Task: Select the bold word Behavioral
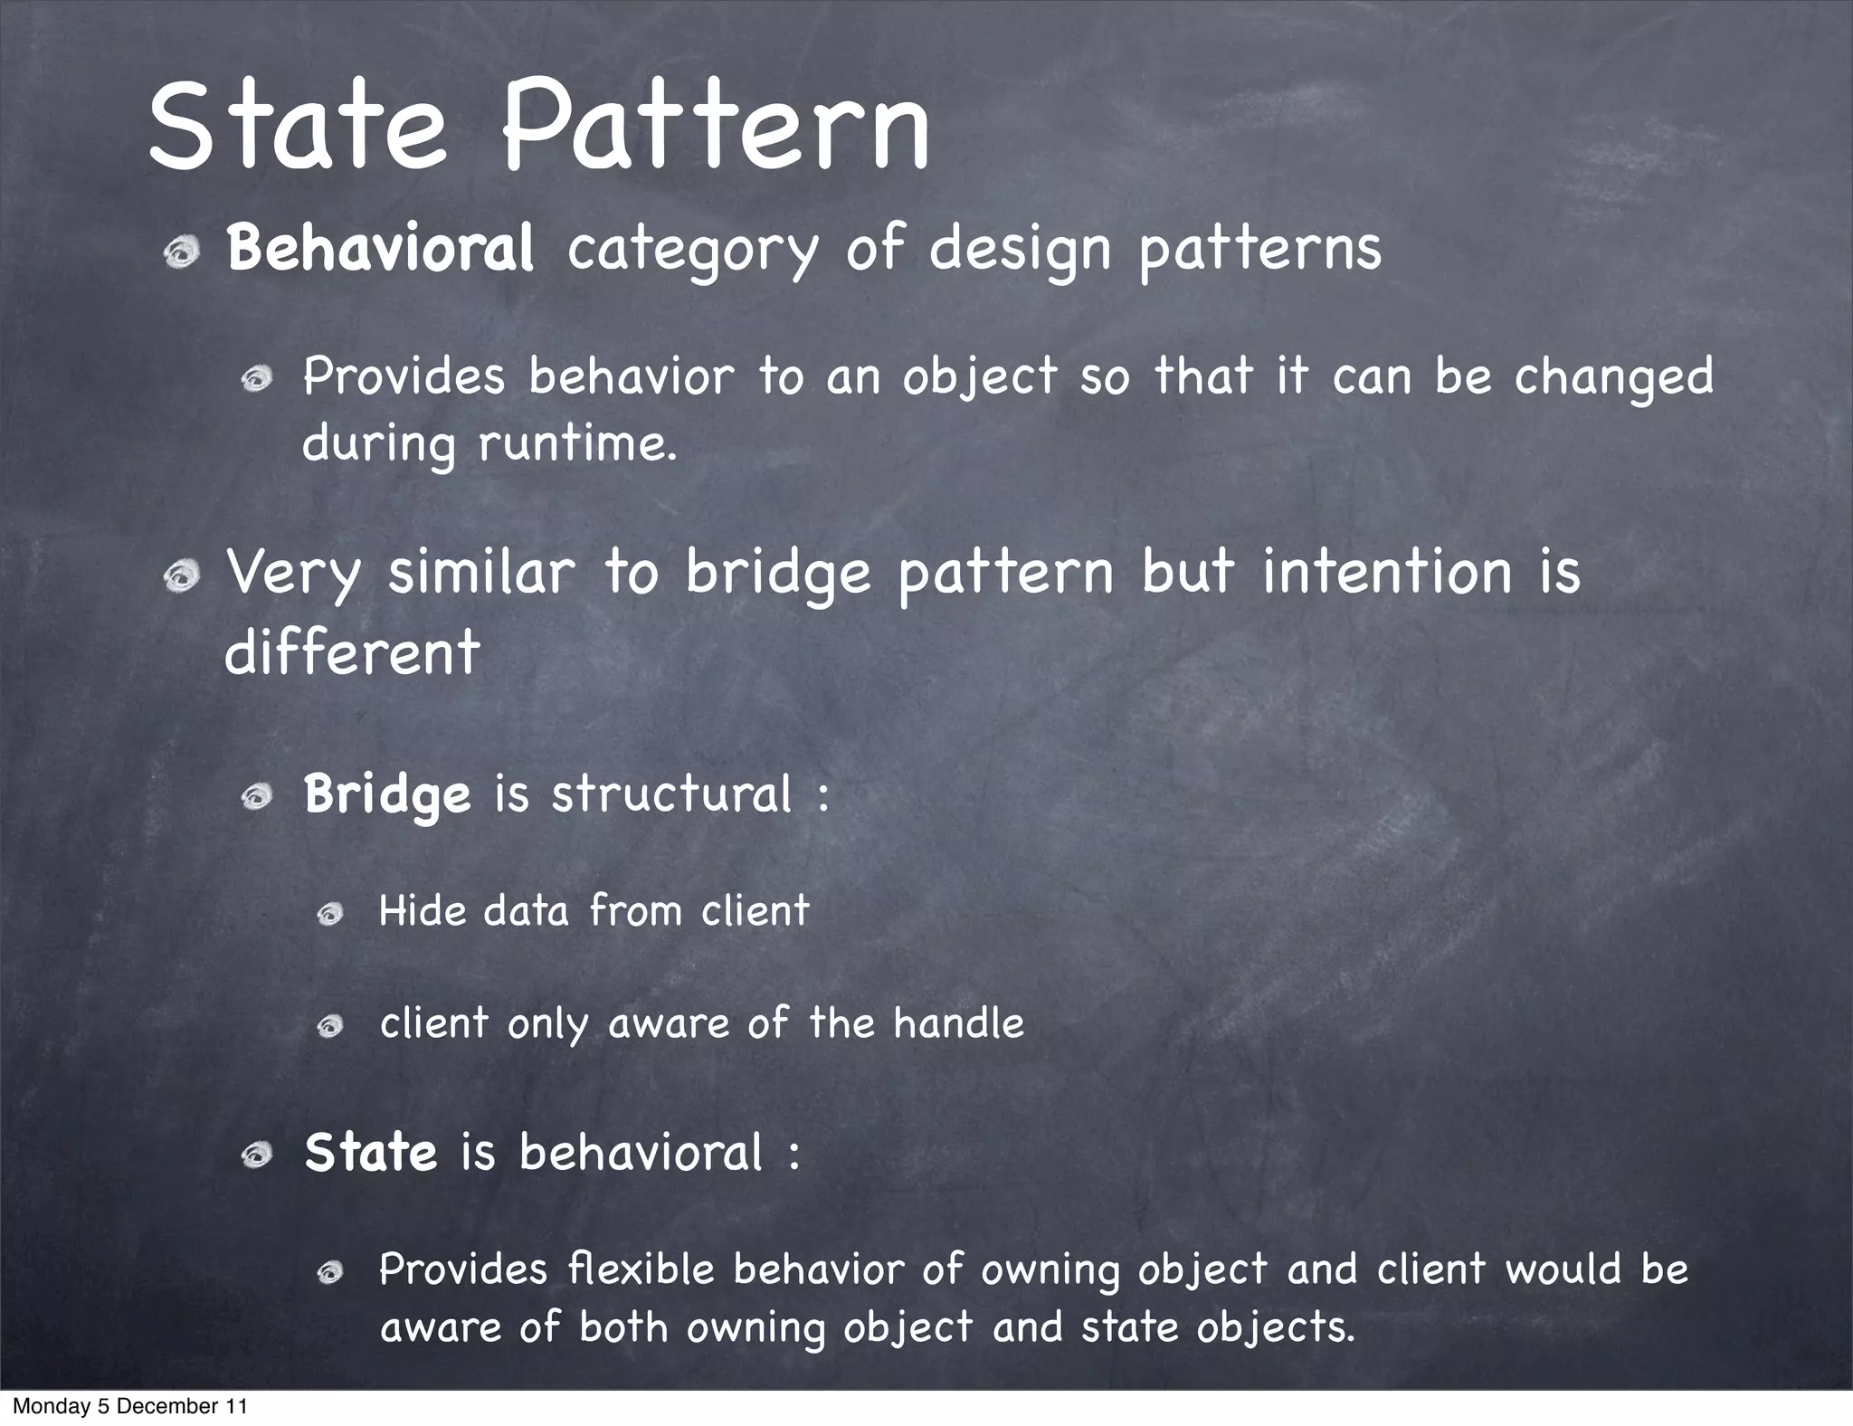click(x=380, y=249)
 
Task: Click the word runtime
click(x=576, y=443)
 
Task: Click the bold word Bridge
click(x=387, y=794)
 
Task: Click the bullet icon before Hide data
click(x=330, y=915)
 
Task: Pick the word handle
click(x=958, y=1023)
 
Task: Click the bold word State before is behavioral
click(x=371, y=1153)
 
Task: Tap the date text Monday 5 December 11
click(x=129, y=1406)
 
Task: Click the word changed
click(x=1613, y=376)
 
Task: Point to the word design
click(x=1019, y=249)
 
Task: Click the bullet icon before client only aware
click(x=330, y=1026)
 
